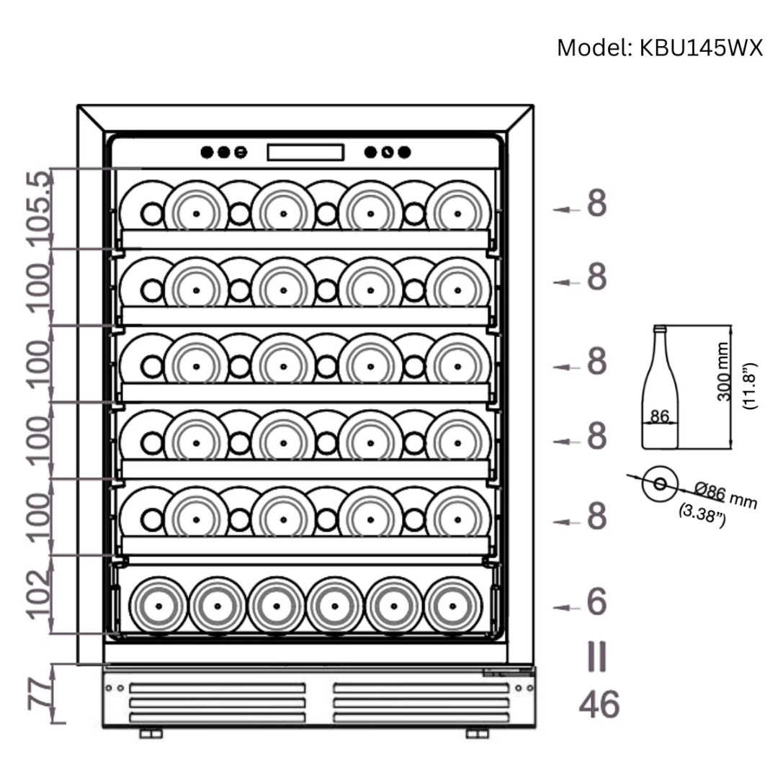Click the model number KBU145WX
(x=695, y=48)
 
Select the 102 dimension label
(x=40, y=594)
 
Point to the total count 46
(x=599, y=705)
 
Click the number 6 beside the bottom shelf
(x=596, y=602)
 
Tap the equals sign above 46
(x=596, y=656)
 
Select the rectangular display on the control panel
(x=305, y=153)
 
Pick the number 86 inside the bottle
(x=660, y=416)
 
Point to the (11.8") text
(x=751, y=386)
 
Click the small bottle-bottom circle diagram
(x=659, y=483)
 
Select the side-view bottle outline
(x=660, y=389)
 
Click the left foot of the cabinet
(x=151, y=733)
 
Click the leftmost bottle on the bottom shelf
(x=158, y=605)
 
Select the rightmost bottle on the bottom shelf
(x=452, y=605)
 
